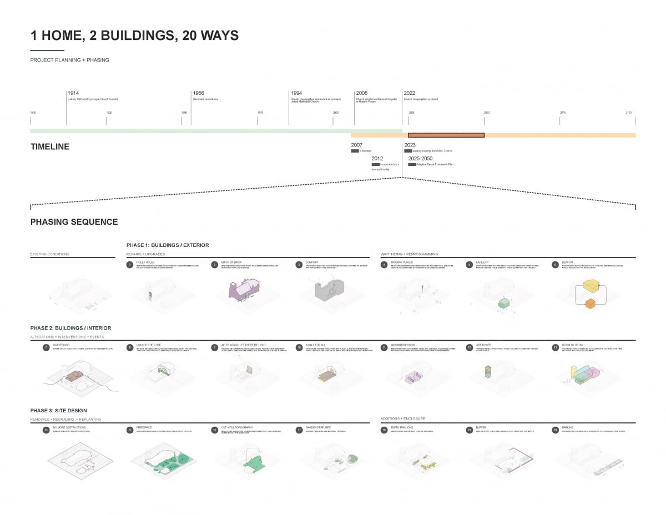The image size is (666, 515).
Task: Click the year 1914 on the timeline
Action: coord(73,93)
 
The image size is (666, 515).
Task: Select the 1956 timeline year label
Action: coord(198,93)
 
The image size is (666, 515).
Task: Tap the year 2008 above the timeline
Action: coord(362,93)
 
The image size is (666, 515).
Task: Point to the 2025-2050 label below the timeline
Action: coord(420,159)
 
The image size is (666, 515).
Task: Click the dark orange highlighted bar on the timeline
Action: coord(446,135)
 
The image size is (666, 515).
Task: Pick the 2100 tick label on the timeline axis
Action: coord(629,113)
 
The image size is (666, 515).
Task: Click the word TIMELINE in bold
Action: coord(50,147)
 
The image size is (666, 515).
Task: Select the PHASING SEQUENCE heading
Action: coord(74,222)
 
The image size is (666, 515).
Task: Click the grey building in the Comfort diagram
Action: coord(326,290)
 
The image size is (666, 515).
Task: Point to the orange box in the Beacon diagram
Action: coord(591,303)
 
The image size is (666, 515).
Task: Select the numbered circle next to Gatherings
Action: coord(46,348)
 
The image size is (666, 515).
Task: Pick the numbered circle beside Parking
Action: coord(556,430)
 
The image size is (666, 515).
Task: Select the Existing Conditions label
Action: coord(50,254)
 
